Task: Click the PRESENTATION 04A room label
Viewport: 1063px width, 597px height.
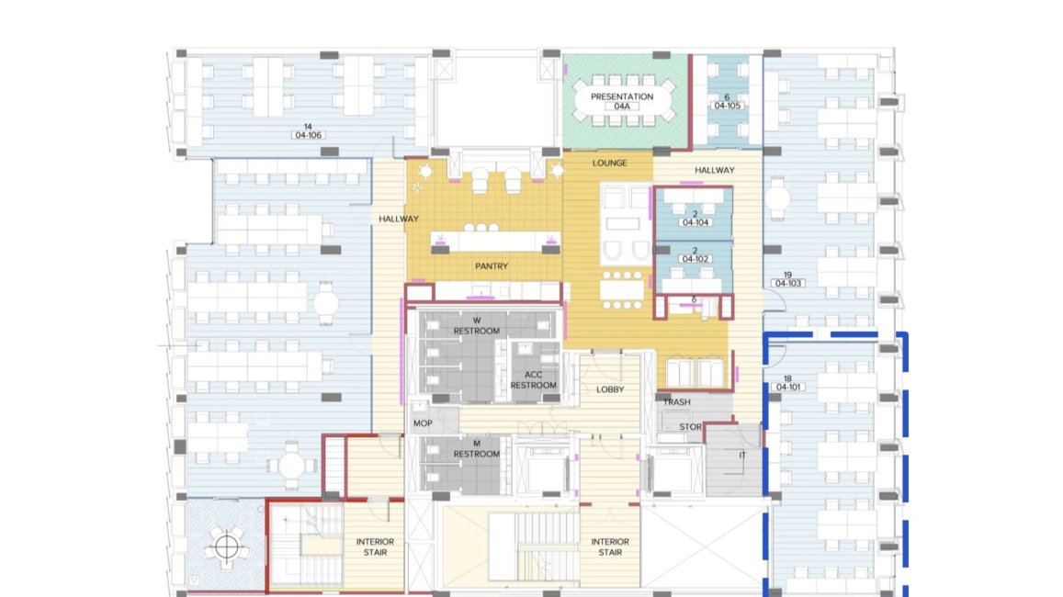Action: point(622,101)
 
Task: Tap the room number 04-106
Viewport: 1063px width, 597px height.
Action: point(308,136)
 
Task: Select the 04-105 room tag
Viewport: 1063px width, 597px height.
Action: point(727,106)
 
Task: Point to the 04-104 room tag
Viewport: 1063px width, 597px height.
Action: point(695,222)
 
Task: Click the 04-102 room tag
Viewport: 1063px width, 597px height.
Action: point(695,259)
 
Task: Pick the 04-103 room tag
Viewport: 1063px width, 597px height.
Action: point(787,283)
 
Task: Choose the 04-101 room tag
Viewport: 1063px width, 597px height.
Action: point(787,388)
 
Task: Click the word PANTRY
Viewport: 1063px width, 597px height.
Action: point(492,266)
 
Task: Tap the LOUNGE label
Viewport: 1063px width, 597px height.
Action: point(609,163)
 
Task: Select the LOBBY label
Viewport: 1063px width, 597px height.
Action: point(610,389)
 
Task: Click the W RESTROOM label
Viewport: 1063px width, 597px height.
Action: point(477,326)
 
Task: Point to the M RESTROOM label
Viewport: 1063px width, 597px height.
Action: point(477,448)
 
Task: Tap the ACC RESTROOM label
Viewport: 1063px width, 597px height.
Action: point(534,380)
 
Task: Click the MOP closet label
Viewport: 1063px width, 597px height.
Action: point(423,423)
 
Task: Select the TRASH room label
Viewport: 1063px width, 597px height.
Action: point(676,402)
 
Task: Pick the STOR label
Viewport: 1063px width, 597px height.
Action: point(690,427)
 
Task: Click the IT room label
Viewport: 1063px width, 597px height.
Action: point(742,456)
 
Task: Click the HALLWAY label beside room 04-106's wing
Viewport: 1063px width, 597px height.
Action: point(399,219)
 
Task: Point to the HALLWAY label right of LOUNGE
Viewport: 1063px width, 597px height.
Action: point(715,171)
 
